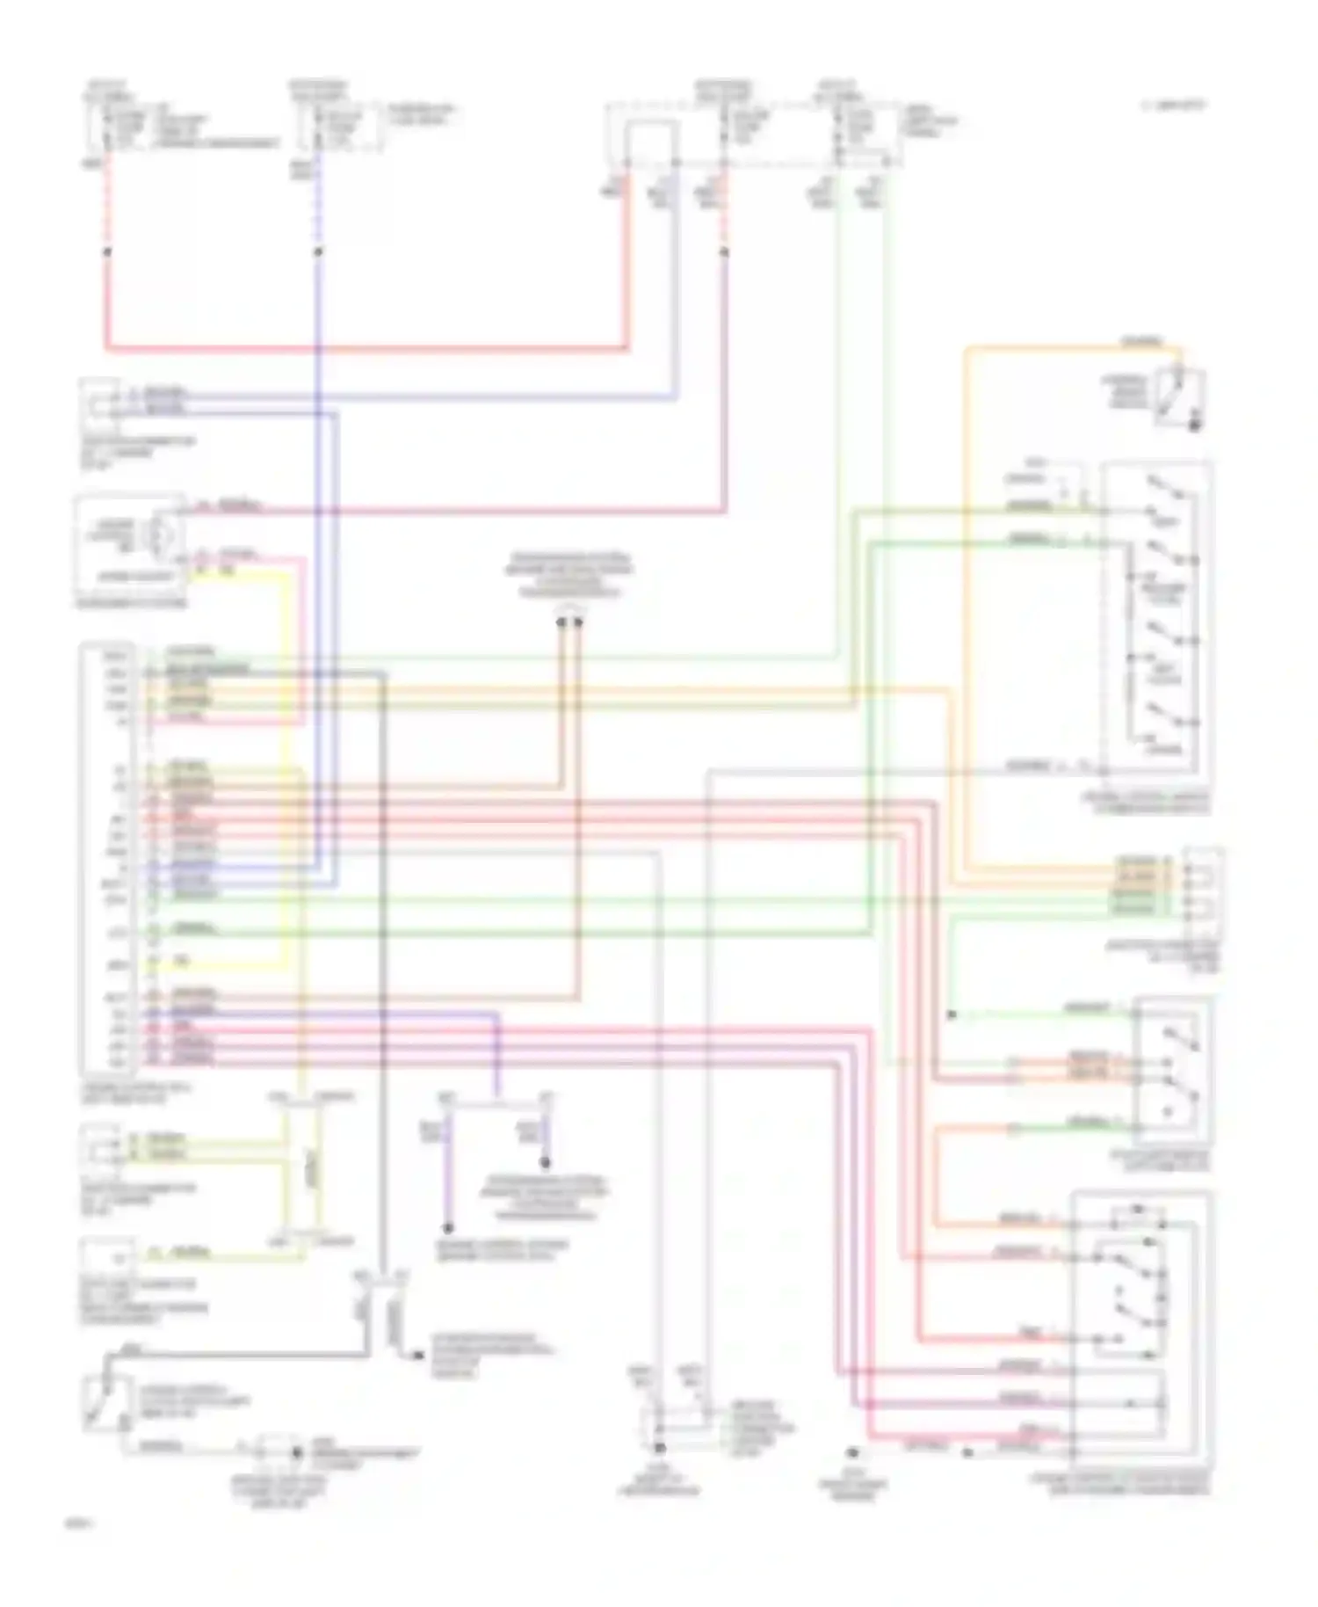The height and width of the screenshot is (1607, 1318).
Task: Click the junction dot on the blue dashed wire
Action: coord(318,252)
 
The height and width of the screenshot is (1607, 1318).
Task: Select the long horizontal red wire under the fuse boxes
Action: coord(369,349)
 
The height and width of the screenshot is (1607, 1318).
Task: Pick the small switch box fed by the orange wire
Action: coord(1180,398)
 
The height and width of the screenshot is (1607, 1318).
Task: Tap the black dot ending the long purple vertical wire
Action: coord(448,1228)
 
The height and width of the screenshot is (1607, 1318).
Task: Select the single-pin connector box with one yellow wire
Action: coord(107,1257)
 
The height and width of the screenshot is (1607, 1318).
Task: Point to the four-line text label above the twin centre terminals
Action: coord(568,575)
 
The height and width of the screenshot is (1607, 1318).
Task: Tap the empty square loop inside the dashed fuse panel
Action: coord(651,142)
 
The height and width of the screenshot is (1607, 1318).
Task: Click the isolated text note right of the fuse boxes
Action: coord(1174,105)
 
